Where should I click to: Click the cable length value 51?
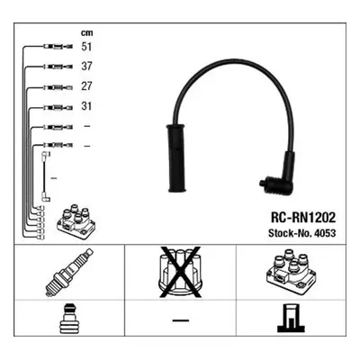coord(86,47)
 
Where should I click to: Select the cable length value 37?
coord(86,67)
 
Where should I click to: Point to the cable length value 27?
coord(86,86)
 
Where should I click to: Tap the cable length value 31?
coord(86,106)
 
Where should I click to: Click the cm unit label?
coord(86,32)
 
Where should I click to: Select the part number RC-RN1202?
coord(303,218)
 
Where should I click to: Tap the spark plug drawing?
coord(69,273)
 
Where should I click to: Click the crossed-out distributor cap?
coord(179,272)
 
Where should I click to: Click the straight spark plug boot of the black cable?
coord(176,158)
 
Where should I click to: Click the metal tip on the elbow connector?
coord(263,183)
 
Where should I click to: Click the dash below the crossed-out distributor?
coord(181,320)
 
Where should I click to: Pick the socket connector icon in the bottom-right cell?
coord(291,318)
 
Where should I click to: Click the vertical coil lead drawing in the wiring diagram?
coord(45,177)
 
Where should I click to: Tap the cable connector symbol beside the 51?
coord(58,47)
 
